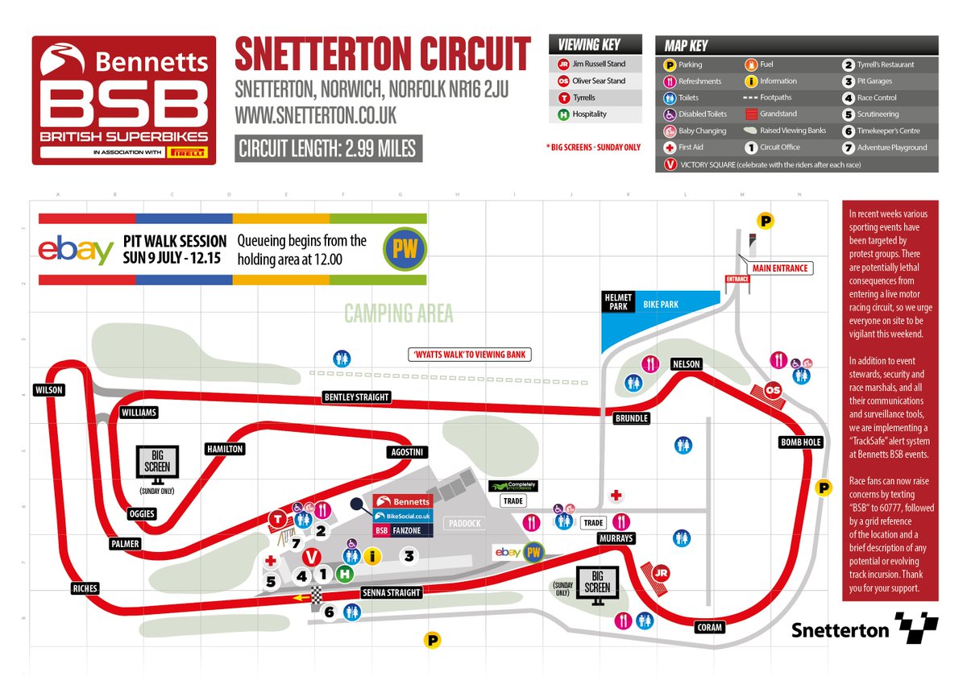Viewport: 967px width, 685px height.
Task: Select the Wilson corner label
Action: pyautogui.click(x=48, y=390)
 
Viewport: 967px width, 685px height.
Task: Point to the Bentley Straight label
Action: pyautogui.click(x=356, y=397)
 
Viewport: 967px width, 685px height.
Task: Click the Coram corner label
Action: pyautogui.click(x=708, y=627)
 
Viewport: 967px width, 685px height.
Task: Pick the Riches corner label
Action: pyautogui.click(x=85, y=588)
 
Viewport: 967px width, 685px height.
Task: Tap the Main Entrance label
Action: pyautogui.click(x=778, y=268)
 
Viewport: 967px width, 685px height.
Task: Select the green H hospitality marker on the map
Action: pyautogui.click(x=345, y=575)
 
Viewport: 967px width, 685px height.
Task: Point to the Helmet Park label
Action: pyautogui.click(x=619, y=302)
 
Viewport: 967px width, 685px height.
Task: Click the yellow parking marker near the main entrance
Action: pyautogui.click(x=765, y=220)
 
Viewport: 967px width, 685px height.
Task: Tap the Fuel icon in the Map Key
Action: pyautogui.click(x=750, y=64)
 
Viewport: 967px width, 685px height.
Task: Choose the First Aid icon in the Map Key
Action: pyautogui.click(x=669, y=147)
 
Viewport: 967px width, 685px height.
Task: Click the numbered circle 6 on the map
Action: pyautogui.click(x=329, y=612)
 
